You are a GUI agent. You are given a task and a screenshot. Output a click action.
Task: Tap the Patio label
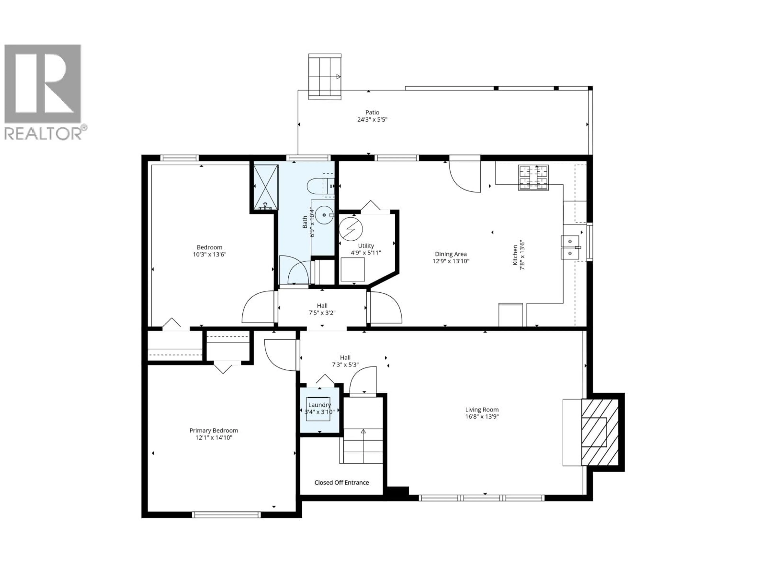[372, 112]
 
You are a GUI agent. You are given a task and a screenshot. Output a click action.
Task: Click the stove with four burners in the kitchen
[533, 178]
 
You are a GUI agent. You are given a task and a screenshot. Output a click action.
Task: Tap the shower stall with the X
[266, 187]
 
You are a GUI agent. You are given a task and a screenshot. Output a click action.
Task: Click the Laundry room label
[319, 405]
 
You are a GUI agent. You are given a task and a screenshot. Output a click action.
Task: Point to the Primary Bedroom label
[214, 431]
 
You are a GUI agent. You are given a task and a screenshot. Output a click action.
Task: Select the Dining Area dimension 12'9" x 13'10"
[451, 261]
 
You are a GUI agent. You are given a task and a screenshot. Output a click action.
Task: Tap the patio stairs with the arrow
[325, 77]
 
